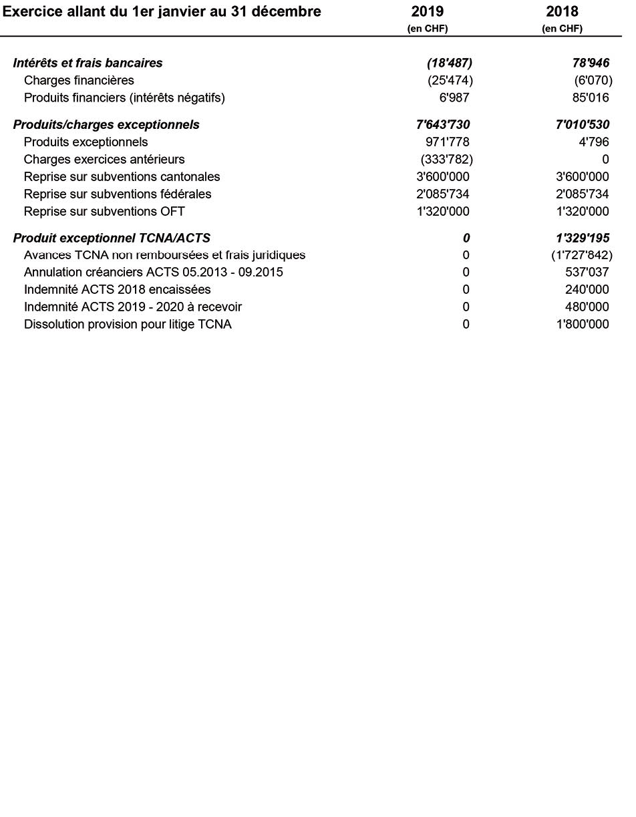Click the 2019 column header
(428, 12)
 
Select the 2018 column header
(562, 12)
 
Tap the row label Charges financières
(79, 81)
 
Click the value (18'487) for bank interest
(450, 63)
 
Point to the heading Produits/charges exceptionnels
(106, 125)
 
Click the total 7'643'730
(443, 125)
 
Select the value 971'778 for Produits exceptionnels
(447, 142)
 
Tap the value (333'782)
(446, 160)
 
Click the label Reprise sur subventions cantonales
(122, 177)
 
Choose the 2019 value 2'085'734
(442, 194)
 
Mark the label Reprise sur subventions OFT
(104, 212)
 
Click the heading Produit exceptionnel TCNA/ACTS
(112, 238)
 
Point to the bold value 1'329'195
(583, 238)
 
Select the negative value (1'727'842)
(582, 255)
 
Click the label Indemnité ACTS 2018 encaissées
(117, 290)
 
